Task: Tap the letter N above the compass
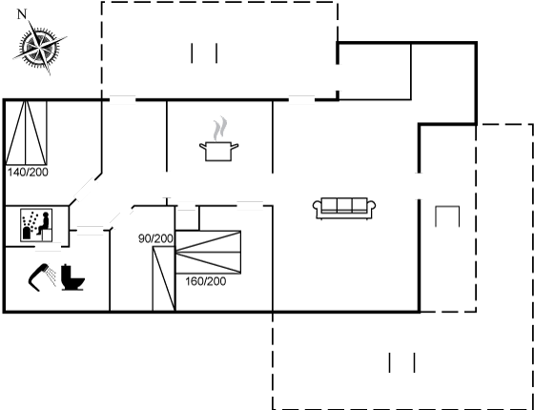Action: (x=22, y=14)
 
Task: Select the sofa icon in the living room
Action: (x=344, y=208)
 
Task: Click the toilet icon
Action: (x=72, y=277)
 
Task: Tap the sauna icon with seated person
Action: (x=36, y=225)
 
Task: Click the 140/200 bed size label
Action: (x=28, y=173)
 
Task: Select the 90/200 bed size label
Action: (x=155, y=239)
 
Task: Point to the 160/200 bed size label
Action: (x=206, y=281)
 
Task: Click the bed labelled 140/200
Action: (x=26, y=133)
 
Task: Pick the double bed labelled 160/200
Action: (x=208, y=252)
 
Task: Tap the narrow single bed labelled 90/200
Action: (x=164, y=278)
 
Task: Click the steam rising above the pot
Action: (x=219, y=129)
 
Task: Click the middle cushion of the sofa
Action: (x=344, y=205)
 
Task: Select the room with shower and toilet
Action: (x=57, y=278)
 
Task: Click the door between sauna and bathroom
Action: (x=48, y=247)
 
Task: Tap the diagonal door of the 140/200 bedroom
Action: (x=84, y=190)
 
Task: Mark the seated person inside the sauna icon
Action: (x=43, y=223)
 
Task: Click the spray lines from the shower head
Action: (x=51, y=276)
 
